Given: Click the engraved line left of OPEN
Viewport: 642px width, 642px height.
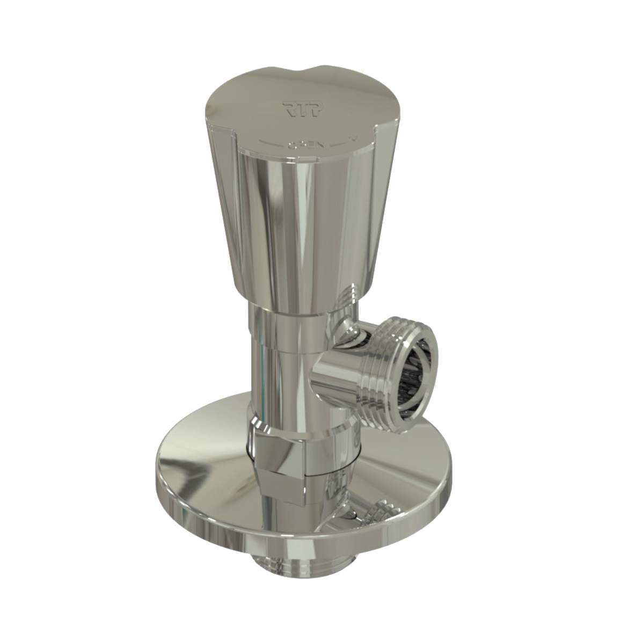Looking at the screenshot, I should click(272, 143).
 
